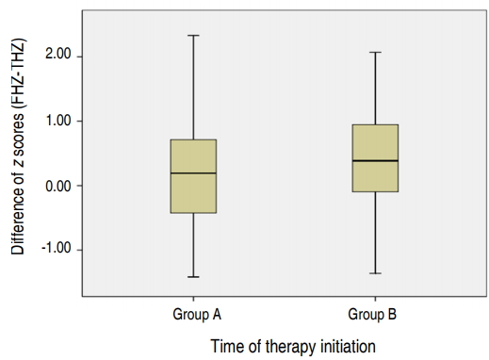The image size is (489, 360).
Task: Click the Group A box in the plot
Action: click(193, 176)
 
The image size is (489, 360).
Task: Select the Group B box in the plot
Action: click(375, 157)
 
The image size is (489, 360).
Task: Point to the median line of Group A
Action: click(193, 173)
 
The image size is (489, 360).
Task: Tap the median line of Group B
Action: click(375, 161)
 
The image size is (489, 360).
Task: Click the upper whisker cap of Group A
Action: click(193, 36)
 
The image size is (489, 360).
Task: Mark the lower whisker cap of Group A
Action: click(193, 277)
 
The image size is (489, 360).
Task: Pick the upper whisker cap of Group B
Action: click(375, 53)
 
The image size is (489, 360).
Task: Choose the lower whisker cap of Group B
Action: click(375, 273)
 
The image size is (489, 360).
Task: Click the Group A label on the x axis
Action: click(193, 313)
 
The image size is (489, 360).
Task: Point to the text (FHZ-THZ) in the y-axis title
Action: click(18, 76)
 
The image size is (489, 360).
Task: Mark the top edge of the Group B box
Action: click(375, 124)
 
